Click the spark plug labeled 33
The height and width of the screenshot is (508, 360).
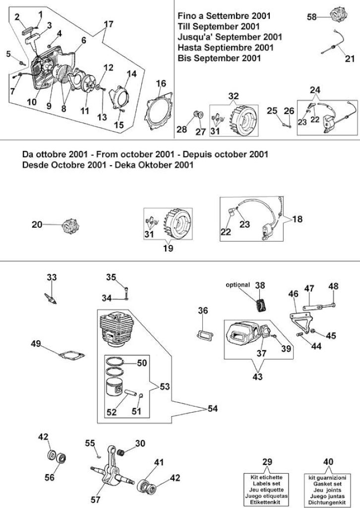tap(51, 298)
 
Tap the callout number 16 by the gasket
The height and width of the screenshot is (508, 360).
tap(161, 83)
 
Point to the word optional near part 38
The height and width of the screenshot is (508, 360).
tap(238, 285)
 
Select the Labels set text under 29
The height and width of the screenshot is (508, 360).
tap(267, 484)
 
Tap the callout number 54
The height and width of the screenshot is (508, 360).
tap(212, 409)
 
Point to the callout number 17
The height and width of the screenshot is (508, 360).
tap(109, 24)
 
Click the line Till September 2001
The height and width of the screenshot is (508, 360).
tap(219, 26)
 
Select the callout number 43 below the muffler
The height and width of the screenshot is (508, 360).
tap(258, 377)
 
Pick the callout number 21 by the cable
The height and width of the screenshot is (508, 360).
tap(350, 59)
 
